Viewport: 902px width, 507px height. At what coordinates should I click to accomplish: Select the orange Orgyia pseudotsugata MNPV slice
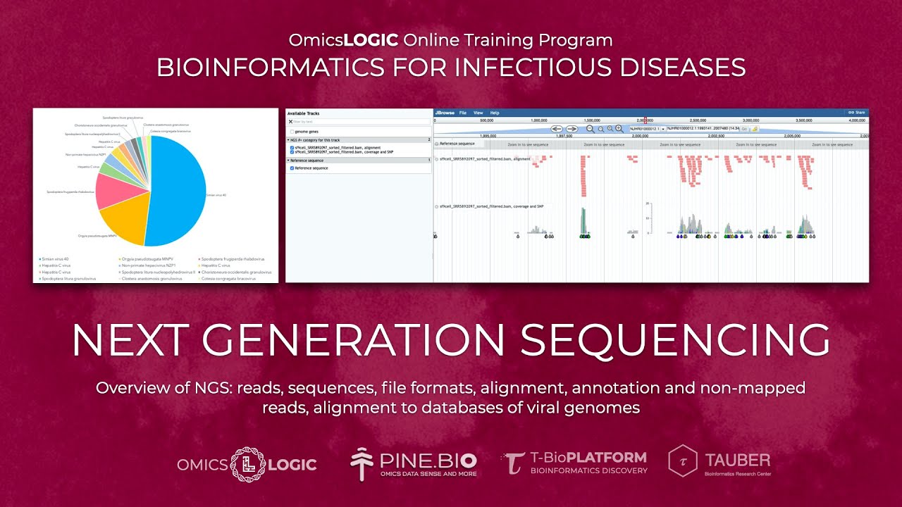127,218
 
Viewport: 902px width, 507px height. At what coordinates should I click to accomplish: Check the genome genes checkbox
292,132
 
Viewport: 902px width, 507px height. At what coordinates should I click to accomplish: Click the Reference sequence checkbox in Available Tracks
292,168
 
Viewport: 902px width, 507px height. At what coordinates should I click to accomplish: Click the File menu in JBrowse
463,113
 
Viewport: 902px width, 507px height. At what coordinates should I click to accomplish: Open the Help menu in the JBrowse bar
495,113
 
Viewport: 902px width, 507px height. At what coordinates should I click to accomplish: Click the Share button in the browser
857,113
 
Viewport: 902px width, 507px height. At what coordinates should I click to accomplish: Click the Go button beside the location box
744,129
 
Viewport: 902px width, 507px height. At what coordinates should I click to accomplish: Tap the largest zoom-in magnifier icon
619,129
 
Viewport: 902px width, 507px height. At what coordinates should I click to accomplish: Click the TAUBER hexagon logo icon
682,461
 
